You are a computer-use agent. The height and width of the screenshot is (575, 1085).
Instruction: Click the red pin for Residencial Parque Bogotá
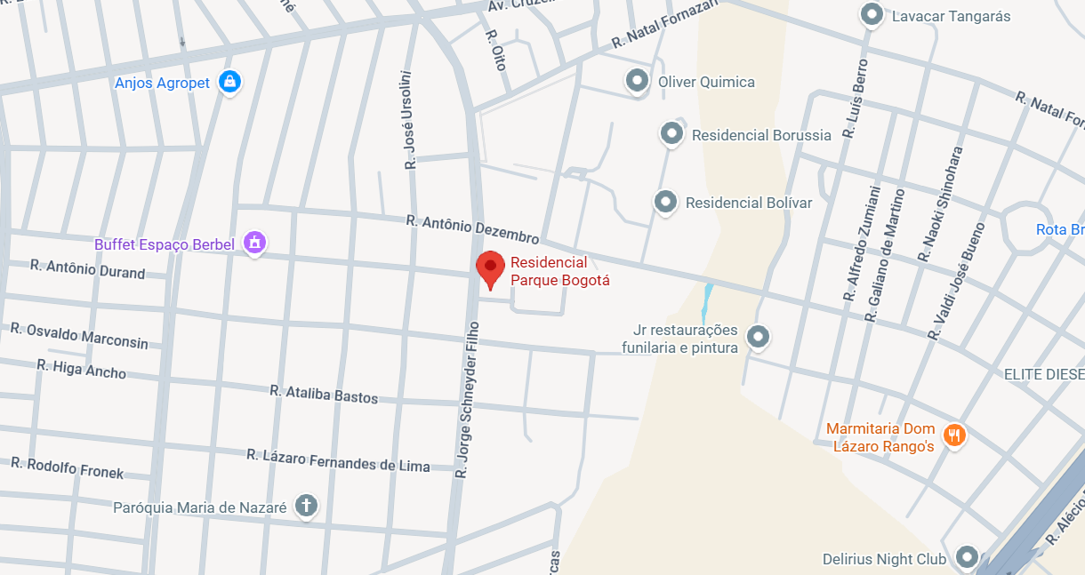coord(490,268)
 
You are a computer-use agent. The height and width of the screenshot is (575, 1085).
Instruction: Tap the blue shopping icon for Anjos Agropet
coord(230,82)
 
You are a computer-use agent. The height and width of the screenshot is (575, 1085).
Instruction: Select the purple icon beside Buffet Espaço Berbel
coord(255,242)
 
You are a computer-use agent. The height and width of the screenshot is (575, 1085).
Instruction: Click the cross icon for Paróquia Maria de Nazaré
coord(306,506)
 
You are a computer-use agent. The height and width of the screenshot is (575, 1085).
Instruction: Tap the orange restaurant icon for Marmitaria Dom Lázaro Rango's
coord(954,435)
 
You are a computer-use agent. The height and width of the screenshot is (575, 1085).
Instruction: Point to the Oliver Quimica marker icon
coord(637,81)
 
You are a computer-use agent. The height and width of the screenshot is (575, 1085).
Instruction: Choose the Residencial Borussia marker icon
coord(671,133)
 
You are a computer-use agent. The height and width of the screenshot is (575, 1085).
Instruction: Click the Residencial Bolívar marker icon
coord(665,202)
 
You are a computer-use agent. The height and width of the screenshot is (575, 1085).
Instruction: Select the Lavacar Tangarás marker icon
coord(872,15)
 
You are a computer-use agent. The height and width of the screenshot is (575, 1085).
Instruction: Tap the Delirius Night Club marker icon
coord(967,557)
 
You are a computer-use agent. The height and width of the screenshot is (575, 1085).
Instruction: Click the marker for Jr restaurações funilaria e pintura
coord(758,337)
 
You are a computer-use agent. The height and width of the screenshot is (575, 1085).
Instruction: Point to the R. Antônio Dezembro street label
coord(472,229)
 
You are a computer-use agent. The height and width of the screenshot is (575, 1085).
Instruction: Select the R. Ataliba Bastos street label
coord(324,394)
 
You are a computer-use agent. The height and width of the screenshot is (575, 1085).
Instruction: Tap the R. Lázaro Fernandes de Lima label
coord(338,460)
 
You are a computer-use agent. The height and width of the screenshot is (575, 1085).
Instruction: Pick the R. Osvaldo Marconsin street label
coord(79,335)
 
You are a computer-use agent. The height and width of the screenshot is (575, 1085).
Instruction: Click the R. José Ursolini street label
coord(409,120)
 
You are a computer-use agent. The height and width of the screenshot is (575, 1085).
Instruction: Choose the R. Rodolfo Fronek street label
coord(68,468)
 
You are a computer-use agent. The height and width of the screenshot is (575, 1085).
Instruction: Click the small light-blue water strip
coord(706,303)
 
